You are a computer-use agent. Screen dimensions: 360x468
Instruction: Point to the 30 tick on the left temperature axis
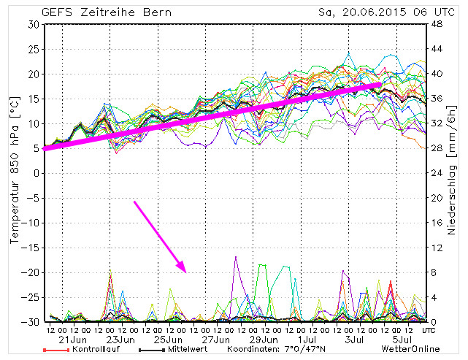(x=34, y=24)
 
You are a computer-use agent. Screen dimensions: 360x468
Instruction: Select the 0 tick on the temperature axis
(x=36, y=173)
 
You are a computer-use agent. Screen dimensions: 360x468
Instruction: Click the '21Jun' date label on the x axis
(x=73, y=340)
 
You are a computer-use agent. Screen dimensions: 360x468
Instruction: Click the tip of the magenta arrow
(x=187, y=272)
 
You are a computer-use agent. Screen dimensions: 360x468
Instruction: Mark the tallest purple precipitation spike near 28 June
(x=236, y=257)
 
